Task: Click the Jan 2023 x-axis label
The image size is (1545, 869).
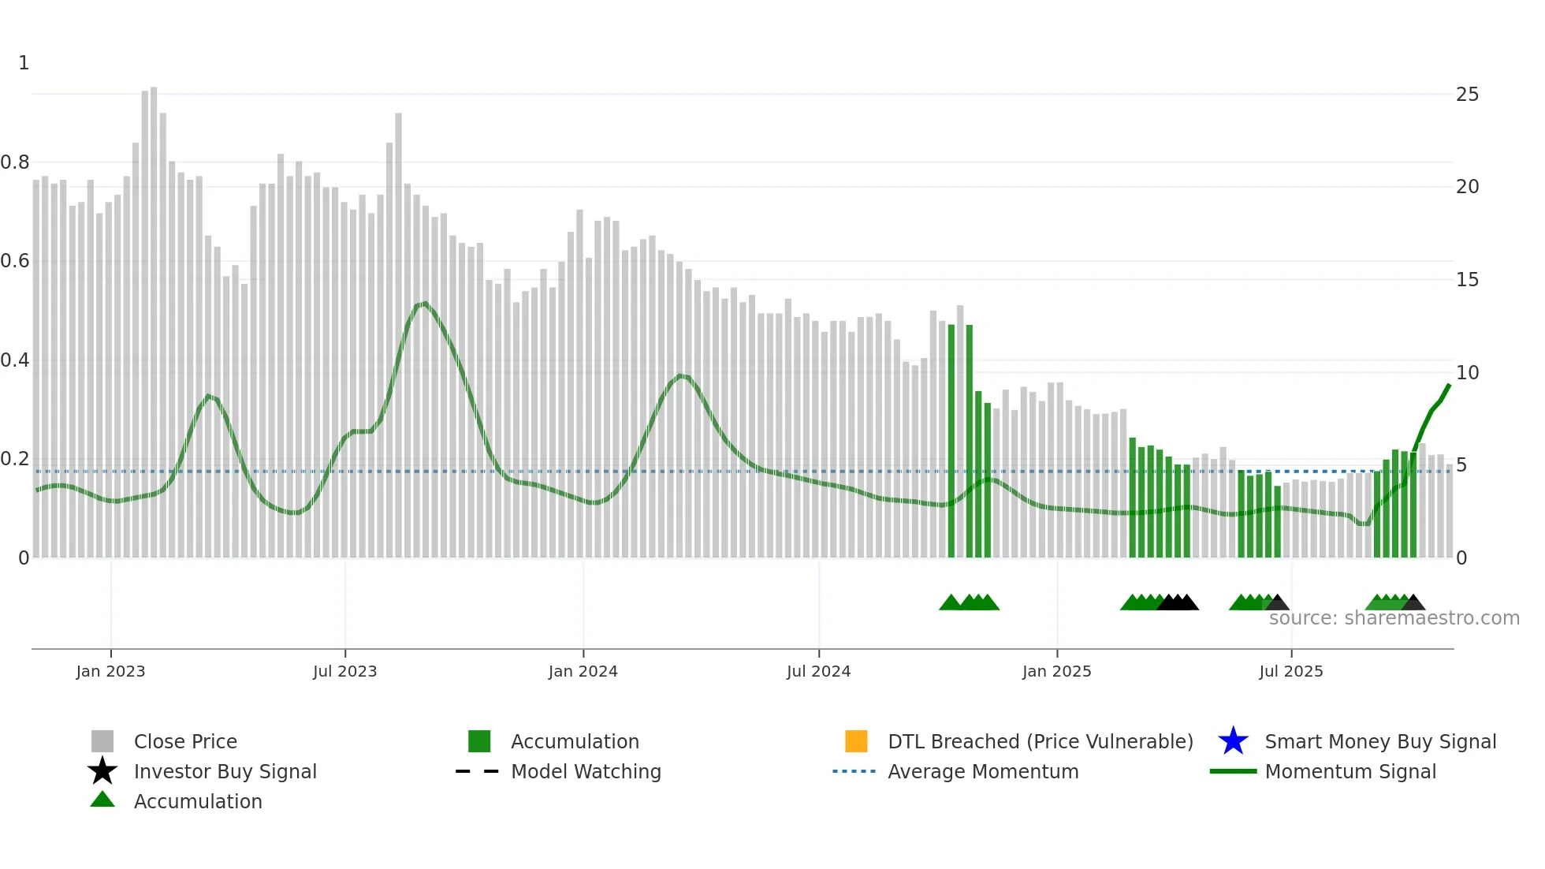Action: pyautogui.click(x=110, y=671)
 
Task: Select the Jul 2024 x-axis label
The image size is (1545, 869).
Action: pyautogui.click(x=818, y=671)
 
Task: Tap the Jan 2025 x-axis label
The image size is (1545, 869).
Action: pyautogui.click(x=1056, y=671)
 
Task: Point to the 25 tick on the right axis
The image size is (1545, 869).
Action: pyautogui.click(x=1467, y=95)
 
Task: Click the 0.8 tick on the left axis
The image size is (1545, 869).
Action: pyautogui.click(x=16, y=162)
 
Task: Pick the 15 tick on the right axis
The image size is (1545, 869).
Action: pyautogui.click(x=1467, y=280)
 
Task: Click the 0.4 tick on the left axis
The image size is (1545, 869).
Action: pyautogui.click(x=16, y=360)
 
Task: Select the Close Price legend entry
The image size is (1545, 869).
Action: pyautogui.click(x=185, y=741)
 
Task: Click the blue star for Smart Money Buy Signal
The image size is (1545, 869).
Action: pyautogui.click(x=1233, y=741)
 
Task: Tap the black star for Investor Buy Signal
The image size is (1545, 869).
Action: pyautogui.click(x=102, y=771)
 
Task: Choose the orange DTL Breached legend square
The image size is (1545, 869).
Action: pyautogui.click(x=856, y=741)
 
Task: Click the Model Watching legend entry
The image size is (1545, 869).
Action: pyautogui.click(x=586, y=771)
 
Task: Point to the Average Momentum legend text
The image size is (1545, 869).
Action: pyautogui.click(x=983, y=771)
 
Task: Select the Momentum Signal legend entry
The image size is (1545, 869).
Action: pyautogui.click(x=1350, y=771)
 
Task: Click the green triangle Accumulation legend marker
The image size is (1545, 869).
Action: pyautogui.click(x=102, y=800)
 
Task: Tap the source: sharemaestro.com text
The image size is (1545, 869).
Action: pyautogui.click(x=1394, y=618)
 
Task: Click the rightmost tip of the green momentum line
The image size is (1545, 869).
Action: pyautogui.click(x=1449, y=385)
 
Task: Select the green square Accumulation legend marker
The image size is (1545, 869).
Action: pyautogui.click(x=479, y=741)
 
